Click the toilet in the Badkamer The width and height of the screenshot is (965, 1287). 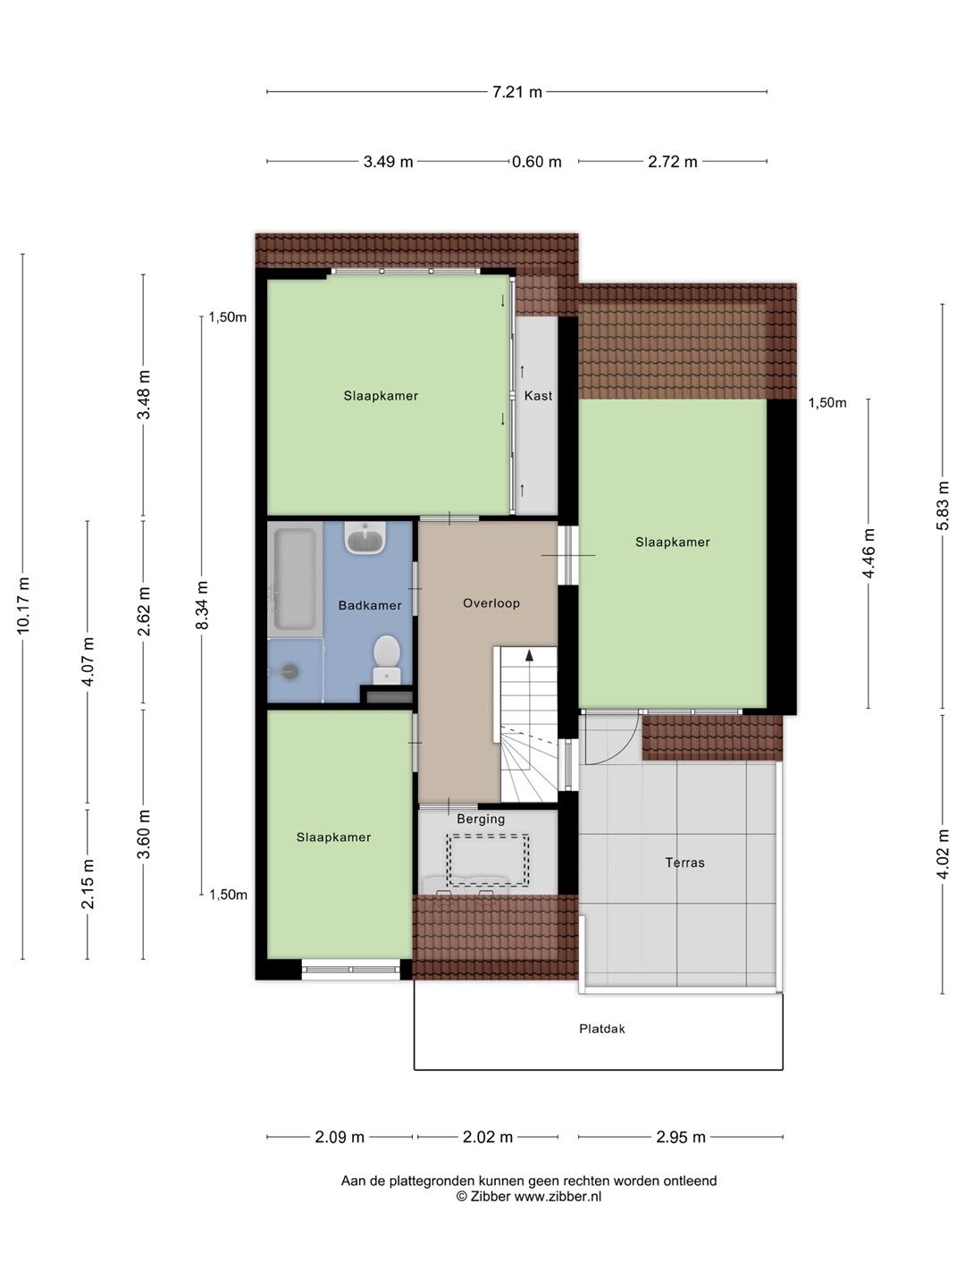tap(387, 660)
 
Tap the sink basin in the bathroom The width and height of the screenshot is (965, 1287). tap(365, 538)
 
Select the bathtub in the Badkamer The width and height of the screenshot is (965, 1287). tap(295, 579)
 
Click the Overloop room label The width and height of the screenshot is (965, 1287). tap(491, 603)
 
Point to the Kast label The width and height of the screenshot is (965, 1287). tap(538, 396)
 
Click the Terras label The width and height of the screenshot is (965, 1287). tap(684, 862)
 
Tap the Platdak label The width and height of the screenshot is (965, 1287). tap(601, 1029)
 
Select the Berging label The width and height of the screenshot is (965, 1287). tap(481, 819)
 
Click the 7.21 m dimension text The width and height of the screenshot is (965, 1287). tap(516, 92)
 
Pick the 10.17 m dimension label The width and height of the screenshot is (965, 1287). tap(23, 606)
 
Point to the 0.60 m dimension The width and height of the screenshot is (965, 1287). tap(537, 162)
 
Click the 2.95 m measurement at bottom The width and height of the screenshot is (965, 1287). tap(680, 1138)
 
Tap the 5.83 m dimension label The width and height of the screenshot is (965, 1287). tap(942, 506)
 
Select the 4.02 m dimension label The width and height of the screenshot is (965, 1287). tap(942, 854)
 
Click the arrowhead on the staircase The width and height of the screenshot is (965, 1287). tap(530, 655)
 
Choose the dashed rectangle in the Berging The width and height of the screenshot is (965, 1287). tap(488, 860)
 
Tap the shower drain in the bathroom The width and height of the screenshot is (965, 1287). tap(291, 671)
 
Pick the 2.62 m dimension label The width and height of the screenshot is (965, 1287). tap(144, 611)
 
